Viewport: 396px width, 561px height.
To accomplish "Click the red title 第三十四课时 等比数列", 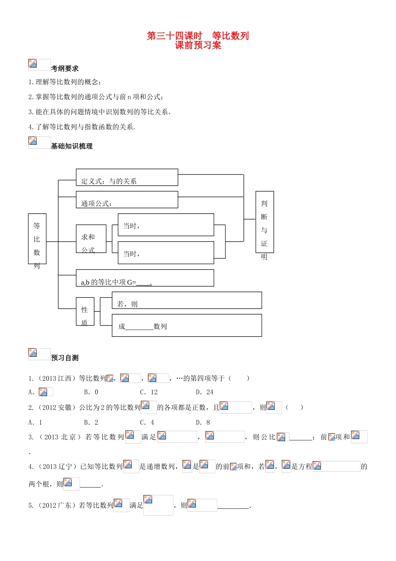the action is [x=198, y=36].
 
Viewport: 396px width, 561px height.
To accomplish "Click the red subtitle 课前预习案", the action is [x=198, y=45].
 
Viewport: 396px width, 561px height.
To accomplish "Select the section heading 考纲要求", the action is [x=65, y=68].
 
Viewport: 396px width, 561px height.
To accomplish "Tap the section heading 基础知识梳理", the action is [x=72, y=146].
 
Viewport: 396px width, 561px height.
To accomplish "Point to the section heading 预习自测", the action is [x=65, y=358].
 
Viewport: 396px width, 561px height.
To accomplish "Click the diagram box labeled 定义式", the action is [x=127, y=177].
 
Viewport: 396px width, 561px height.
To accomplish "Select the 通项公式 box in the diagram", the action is [x=127, y=200].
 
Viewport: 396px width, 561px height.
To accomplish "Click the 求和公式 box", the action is [x=91, y=239].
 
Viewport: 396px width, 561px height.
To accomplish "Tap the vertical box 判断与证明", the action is [x=264, y=222].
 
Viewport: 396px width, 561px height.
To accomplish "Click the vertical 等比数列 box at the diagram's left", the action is [x=37, y=239].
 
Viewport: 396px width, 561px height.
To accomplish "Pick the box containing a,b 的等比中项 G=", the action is [x=145, y=278].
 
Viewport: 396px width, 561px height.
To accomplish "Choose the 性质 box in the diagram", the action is [x=85, y=311].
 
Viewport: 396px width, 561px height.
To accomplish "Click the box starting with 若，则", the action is [x=187, y=301].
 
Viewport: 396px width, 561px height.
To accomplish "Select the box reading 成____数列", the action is [x=187, y=326].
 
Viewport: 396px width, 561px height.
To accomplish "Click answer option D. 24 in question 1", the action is [x=205, y=392].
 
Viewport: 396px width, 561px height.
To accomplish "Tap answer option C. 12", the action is [x=149, y=392].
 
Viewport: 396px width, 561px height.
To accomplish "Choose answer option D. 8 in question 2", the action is [x=203, y=422].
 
